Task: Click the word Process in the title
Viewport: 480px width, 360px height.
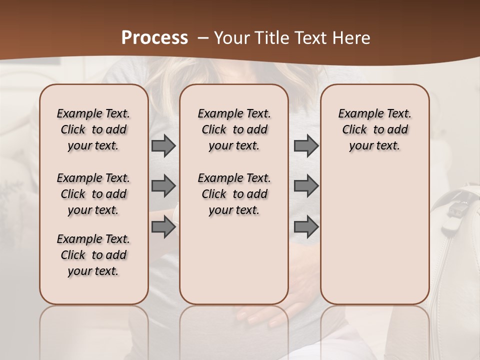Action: (154, 38)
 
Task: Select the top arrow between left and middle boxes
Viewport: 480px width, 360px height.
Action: (163, 146)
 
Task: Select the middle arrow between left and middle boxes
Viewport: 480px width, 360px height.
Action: (163, 186)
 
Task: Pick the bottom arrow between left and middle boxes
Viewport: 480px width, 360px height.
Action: (163, 227)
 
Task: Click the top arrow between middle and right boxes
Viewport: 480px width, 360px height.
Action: (306, 146)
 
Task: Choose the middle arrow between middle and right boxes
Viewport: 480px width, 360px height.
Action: (306, 186)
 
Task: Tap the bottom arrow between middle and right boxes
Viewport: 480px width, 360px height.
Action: (306, 227)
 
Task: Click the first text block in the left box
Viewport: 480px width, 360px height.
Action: (93, 129)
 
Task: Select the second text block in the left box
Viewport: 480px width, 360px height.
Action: (93, 194)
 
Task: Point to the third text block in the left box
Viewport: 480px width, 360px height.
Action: (93, 255)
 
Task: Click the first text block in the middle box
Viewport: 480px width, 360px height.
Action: (234, 129)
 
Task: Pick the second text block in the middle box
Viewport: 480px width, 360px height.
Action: (234, 194)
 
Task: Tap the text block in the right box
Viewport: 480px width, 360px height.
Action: (374, 129)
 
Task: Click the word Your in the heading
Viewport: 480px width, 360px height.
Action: (231, 38)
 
